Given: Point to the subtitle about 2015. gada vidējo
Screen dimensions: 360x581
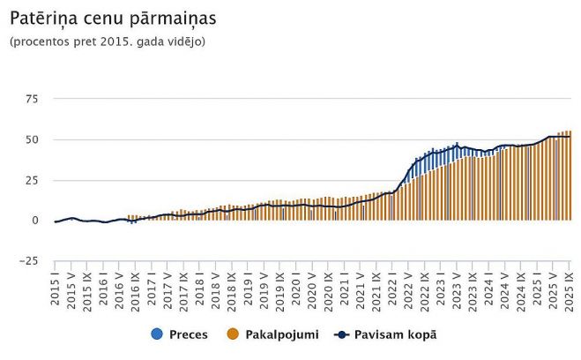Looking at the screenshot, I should point(108,41).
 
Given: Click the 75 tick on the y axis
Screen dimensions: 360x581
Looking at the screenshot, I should point(31,99).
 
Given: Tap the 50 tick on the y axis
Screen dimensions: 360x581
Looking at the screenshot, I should point(31,139).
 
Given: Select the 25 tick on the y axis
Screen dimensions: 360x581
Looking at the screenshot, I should point(31,180).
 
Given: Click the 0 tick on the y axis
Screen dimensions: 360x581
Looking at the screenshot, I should point(35,221).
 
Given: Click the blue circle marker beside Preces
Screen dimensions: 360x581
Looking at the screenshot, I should point(158,335).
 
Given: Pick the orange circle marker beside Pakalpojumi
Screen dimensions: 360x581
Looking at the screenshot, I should point(234,335).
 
